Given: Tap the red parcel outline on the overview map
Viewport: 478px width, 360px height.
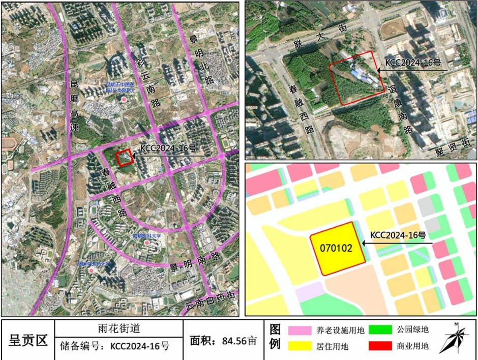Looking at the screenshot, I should (x=124, y=159).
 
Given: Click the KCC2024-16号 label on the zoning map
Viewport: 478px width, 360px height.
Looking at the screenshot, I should (x=398, y=235).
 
